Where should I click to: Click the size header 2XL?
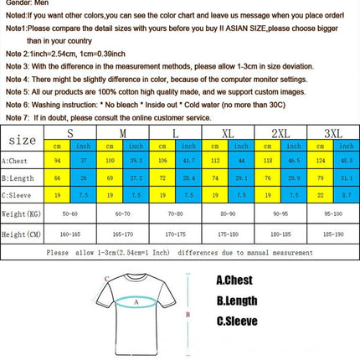(281, 134)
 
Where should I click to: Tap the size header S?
(69, 134)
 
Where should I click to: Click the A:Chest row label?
(18, 160)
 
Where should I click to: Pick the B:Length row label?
(18, 177)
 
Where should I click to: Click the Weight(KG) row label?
(20, 214)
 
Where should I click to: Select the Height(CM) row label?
(20, 235)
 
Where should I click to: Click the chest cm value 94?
(58, 160)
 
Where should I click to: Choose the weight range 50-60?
(69, 214)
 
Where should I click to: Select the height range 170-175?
(175, 235)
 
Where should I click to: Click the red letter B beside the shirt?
(188, 315)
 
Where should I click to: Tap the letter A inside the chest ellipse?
(136, 302)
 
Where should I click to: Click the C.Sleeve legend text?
(237, 321)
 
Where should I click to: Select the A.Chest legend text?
(235, 281)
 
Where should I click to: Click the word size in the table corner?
(23, 139)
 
